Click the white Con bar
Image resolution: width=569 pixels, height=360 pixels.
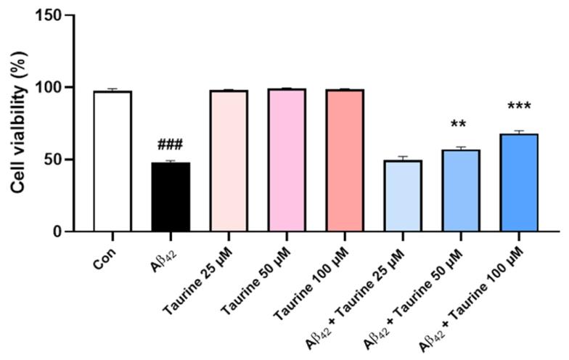pos(112,161)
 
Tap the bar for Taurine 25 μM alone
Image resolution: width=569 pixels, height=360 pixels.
pos(229,160)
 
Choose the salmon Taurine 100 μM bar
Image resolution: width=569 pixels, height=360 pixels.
pos(345,160)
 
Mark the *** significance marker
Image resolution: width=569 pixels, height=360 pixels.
pos(519,107)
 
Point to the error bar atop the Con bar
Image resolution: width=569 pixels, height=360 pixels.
pos(112,89)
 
